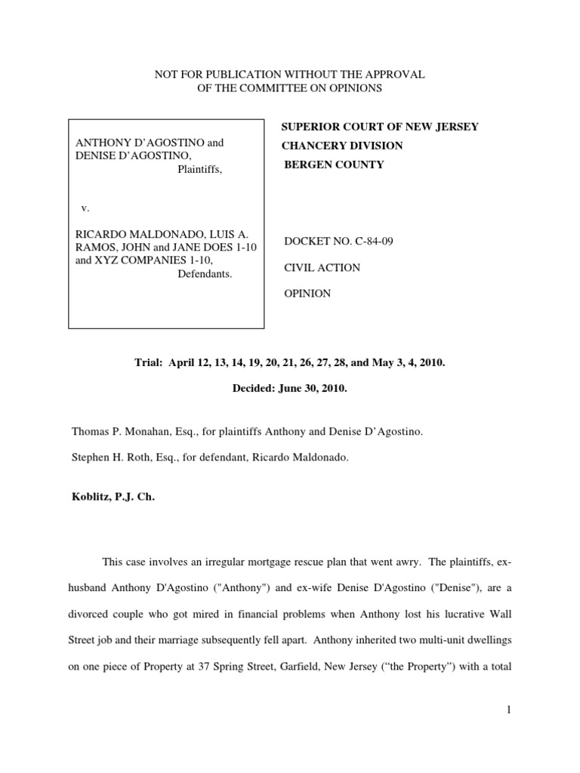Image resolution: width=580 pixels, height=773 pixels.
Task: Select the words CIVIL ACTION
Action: point(312,268)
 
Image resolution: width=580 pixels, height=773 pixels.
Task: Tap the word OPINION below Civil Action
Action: point(307,294)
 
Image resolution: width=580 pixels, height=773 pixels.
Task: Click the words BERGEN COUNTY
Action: point(334,165)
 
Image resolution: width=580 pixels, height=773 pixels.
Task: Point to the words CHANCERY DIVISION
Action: point(342,146)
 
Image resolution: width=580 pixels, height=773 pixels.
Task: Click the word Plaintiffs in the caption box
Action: point(200,169)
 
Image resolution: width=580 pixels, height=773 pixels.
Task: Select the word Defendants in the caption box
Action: point(205,274)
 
